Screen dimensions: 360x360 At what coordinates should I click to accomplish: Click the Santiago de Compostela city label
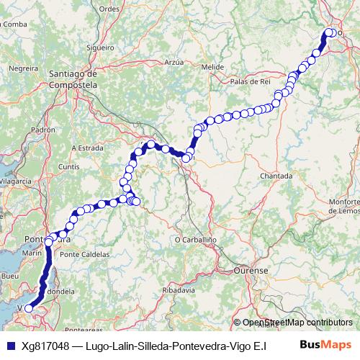pyautogui.click(x=72, y=78)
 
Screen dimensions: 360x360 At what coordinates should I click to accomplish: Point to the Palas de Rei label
pyautogui.click(x=249, y=82)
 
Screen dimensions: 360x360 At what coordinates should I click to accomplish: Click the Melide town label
pyautogui.click(x=212, y=67)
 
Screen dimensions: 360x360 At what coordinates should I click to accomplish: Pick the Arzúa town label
pyautogui.click(x=175, y=63)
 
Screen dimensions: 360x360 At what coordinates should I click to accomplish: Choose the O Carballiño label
pyautogui.click(x=196, y=239)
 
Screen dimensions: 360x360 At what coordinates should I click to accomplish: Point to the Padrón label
pyautogui.click(x=43, y=130)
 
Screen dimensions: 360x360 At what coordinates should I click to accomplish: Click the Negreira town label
pyautogui.click(x=23, y=68)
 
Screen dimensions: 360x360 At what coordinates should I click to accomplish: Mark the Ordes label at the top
pyautogui.click(x=109, y=9)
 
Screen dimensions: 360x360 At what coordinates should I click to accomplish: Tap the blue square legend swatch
pyautogui.click(x=9, y=346)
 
